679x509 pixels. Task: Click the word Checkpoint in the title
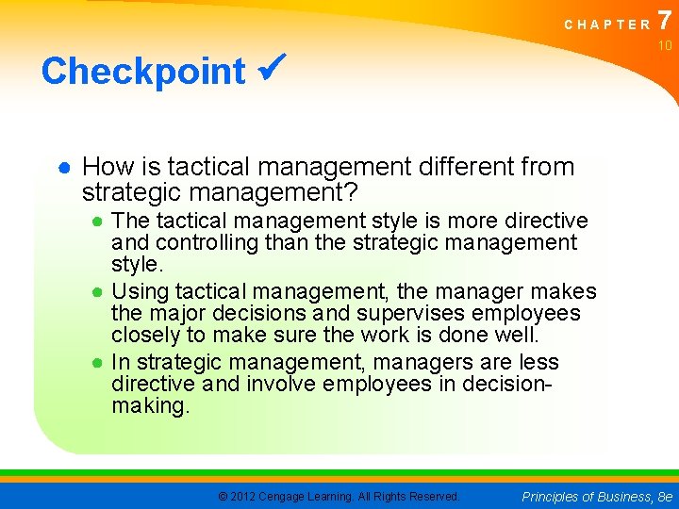tap(142, 71)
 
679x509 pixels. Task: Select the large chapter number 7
tap(666, 20)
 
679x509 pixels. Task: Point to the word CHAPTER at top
tap(607, 25)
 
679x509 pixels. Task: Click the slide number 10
tap(665, 46)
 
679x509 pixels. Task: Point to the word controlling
tap(207, 243)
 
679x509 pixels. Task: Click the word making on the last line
tap(151, 405)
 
